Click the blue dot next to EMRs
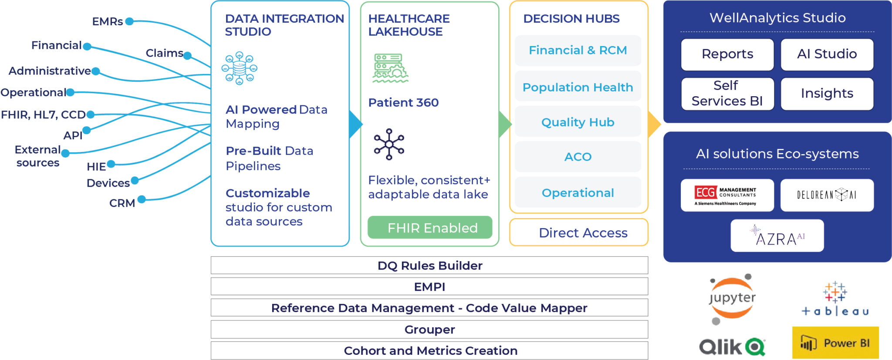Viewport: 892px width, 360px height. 129,21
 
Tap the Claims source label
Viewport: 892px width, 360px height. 164,53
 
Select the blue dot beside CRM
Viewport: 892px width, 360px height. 142,199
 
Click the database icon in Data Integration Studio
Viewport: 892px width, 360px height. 239,68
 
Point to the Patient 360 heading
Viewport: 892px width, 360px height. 403,103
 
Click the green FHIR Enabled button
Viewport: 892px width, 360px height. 430,227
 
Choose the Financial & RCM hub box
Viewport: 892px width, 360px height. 578,50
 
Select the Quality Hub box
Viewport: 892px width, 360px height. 578,122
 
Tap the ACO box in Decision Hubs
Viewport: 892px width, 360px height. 578,157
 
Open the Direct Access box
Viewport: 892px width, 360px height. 579,232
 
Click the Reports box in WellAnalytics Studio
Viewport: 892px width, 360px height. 727,54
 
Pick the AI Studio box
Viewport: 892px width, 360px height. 827,54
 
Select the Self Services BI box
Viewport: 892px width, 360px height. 727,94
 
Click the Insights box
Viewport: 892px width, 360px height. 827,94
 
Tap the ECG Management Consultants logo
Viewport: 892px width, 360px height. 727,195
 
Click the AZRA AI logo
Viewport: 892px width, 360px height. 777,236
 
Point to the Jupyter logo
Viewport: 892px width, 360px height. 732,299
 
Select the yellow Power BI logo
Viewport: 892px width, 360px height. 835,343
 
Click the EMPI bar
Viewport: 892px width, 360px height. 429,286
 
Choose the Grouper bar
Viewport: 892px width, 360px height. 429,330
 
